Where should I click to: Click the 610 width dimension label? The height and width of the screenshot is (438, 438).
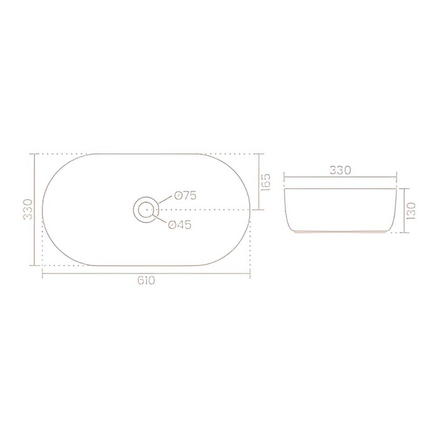(147, 281)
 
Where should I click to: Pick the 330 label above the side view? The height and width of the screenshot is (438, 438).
(340, 170)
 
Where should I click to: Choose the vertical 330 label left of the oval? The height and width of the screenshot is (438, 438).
(27, 210)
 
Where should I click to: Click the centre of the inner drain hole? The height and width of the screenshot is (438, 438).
(146, 209)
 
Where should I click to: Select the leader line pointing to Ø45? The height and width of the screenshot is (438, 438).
(161, 219)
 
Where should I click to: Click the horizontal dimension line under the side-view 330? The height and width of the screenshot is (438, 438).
(341, 178)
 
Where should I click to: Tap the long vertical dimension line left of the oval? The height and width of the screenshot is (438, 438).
(34, 209)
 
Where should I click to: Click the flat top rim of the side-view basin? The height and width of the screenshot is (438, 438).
(341, 188)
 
